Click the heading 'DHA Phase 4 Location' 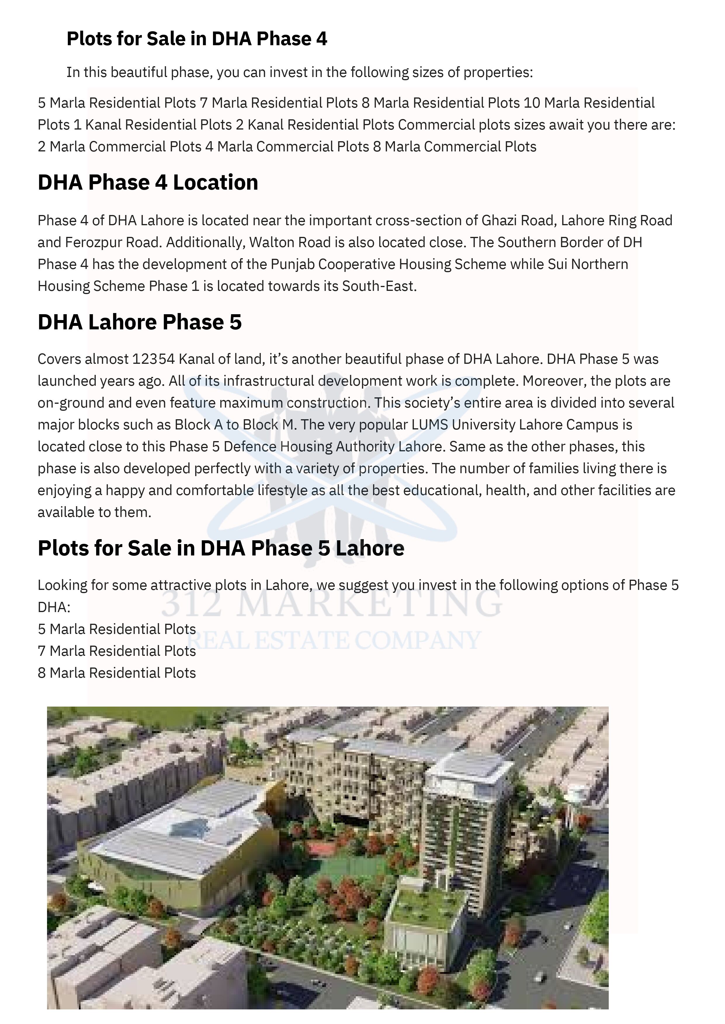pyautogui.click(x=148, y=182)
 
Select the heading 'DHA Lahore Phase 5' pyautogui.click(x=139, y=322)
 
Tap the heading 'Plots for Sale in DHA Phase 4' pyautogui.click(x=197, y=39)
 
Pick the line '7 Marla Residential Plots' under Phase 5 pyautogui.click(x=117, y=651)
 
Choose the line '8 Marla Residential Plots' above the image pyautogui.click(x=117, y=673)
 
